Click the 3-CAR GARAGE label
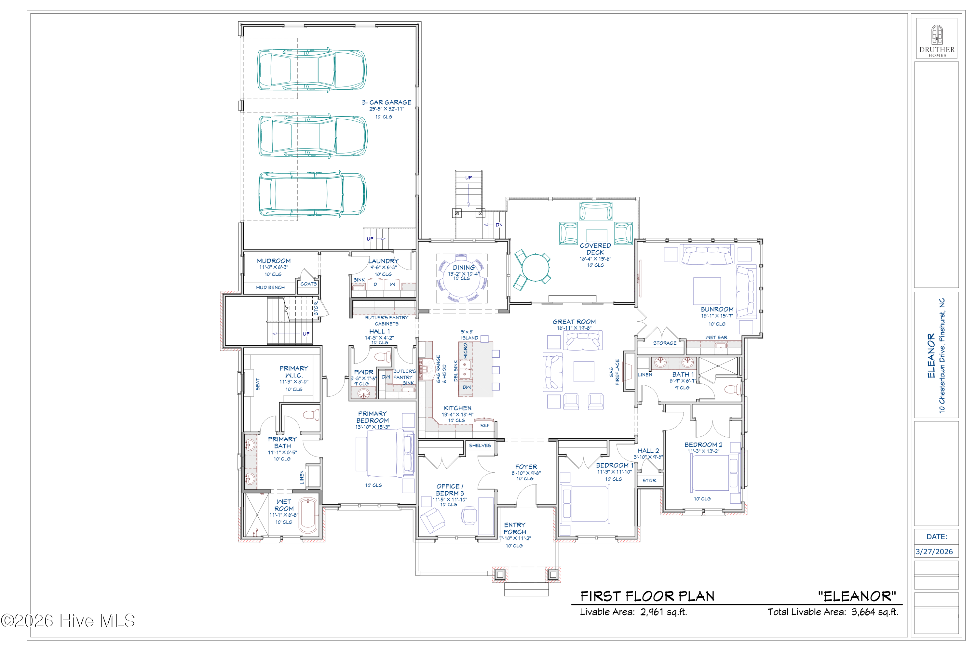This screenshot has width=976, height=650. tap(386, 102)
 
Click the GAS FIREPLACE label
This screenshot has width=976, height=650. tap(614, 372)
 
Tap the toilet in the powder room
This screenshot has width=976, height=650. tap(382, 356)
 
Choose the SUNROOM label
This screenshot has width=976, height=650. tap(717, 309)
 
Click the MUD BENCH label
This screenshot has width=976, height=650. tap(270, 287)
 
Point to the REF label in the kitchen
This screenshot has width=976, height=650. tap(484, 425)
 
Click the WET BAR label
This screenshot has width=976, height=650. tap(716, 338)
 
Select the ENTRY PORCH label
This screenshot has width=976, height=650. tap(515, 528)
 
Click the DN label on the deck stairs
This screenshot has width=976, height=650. tap(499, 225)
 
